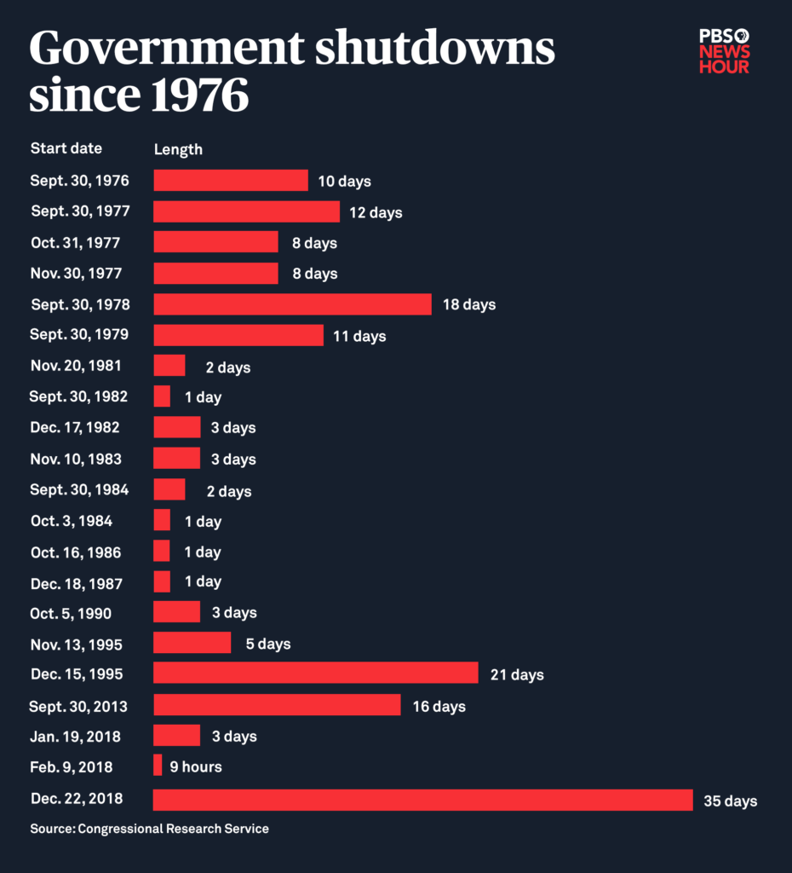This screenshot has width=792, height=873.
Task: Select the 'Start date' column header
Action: [x=66, y=148]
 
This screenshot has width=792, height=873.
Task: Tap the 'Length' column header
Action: [x=178, y=149]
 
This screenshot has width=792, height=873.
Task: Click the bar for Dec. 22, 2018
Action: [x=422, y=800]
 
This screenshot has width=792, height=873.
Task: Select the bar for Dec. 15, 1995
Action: [x=315, y=674]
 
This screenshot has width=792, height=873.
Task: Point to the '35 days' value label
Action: [x=730, y=801]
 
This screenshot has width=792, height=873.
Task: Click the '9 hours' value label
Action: [x=195, y=767]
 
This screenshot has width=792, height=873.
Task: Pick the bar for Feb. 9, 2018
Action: [x=158, y=766]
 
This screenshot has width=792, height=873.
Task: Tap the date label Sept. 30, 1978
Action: [x=80, y=304]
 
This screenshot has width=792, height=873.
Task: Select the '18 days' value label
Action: [x=468, y=304]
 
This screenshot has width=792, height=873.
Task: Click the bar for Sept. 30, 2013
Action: [x=277, y=704]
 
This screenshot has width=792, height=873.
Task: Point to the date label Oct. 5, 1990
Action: [x=71, y=613]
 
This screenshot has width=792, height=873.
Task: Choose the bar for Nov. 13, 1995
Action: [x=192, y=643]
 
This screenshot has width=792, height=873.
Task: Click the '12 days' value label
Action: [x=375, y=212]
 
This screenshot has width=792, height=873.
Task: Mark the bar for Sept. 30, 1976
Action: [x=230, y=181]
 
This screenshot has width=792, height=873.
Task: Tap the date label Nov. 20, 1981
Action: [x=76, y=366]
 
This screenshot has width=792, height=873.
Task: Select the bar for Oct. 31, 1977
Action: [x=215, y=242]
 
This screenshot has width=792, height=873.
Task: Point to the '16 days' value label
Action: [x=439, y=707]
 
